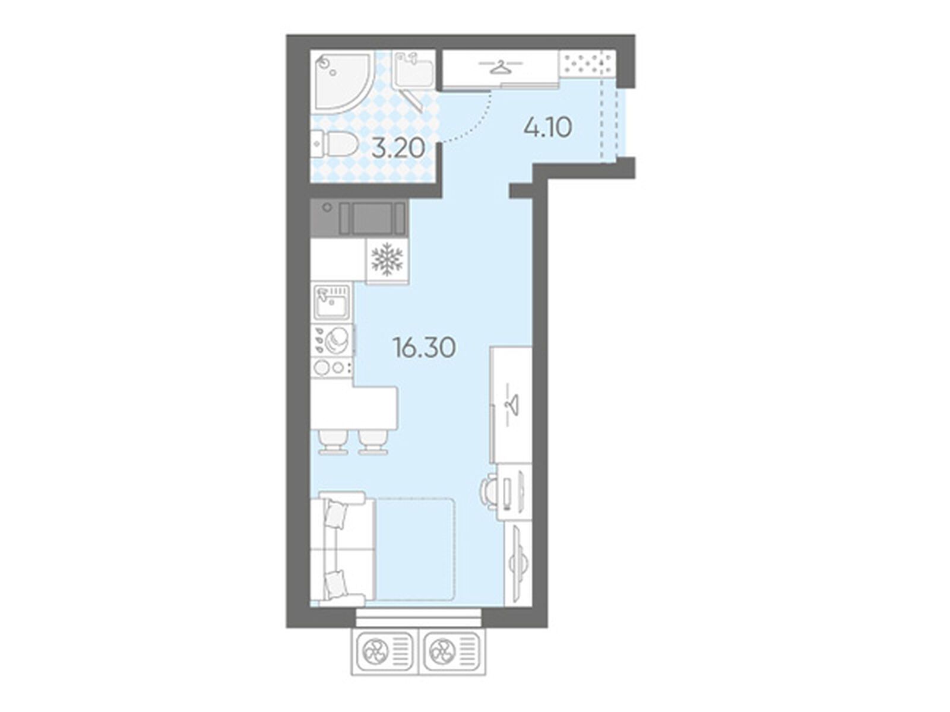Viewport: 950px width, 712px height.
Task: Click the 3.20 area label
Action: click(398, 149)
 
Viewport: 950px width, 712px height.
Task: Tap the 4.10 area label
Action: click(547, 128)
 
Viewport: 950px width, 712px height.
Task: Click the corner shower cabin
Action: click(342, 82)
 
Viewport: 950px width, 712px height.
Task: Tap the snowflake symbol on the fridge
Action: click(387, 259)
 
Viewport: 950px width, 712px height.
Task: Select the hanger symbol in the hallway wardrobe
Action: click(501, 68)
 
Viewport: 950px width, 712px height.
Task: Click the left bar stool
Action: click(333, 441)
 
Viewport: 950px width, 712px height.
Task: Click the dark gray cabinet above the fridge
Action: click(359, 218)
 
